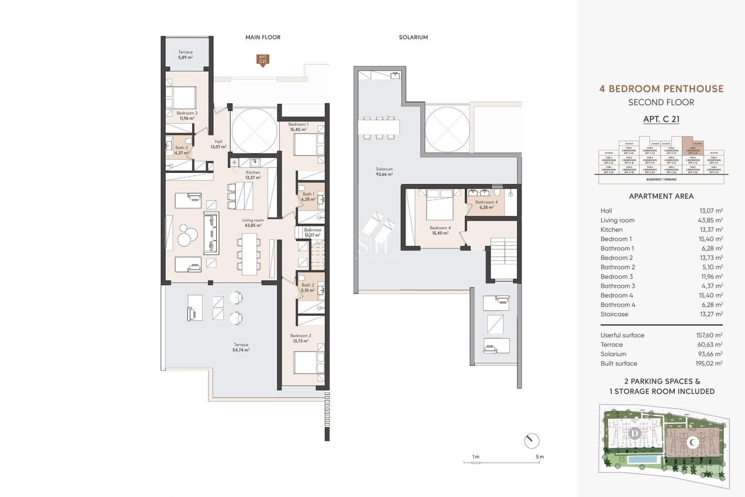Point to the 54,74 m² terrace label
point(241,347)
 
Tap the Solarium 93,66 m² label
point(384,172)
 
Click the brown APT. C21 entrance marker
point(263,60)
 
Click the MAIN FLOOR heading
point(263,37)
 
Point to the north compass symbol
point(531,441)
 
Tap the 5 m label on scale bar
point(540,457)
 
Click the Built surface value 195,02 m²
point(709,363)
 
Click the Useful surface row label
point(622,335)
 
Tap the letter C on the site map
point(692,442)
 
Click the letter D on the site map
point(635,433)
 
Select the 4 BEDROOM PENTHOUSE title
point(661,89)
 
